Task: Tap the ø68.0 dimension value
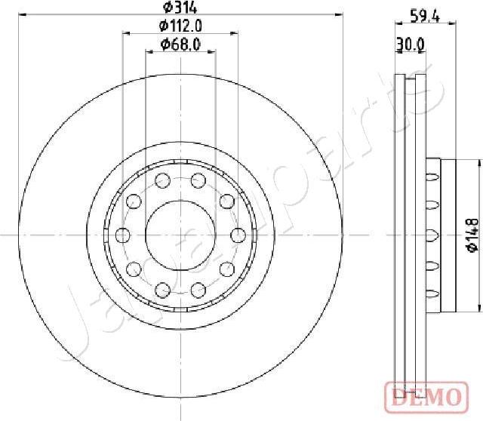180,45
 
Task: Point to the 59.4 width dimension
424,14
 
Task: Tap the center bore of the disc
180,235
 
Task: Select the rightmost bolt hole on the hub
237,235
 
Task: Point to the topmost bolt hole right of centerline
198,180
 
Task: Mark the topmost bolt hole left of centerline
162,180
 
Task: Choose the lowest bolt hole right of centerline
198,289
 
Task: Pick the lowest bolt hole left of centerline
162,289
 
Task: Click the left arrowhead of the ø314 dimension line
20,17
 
